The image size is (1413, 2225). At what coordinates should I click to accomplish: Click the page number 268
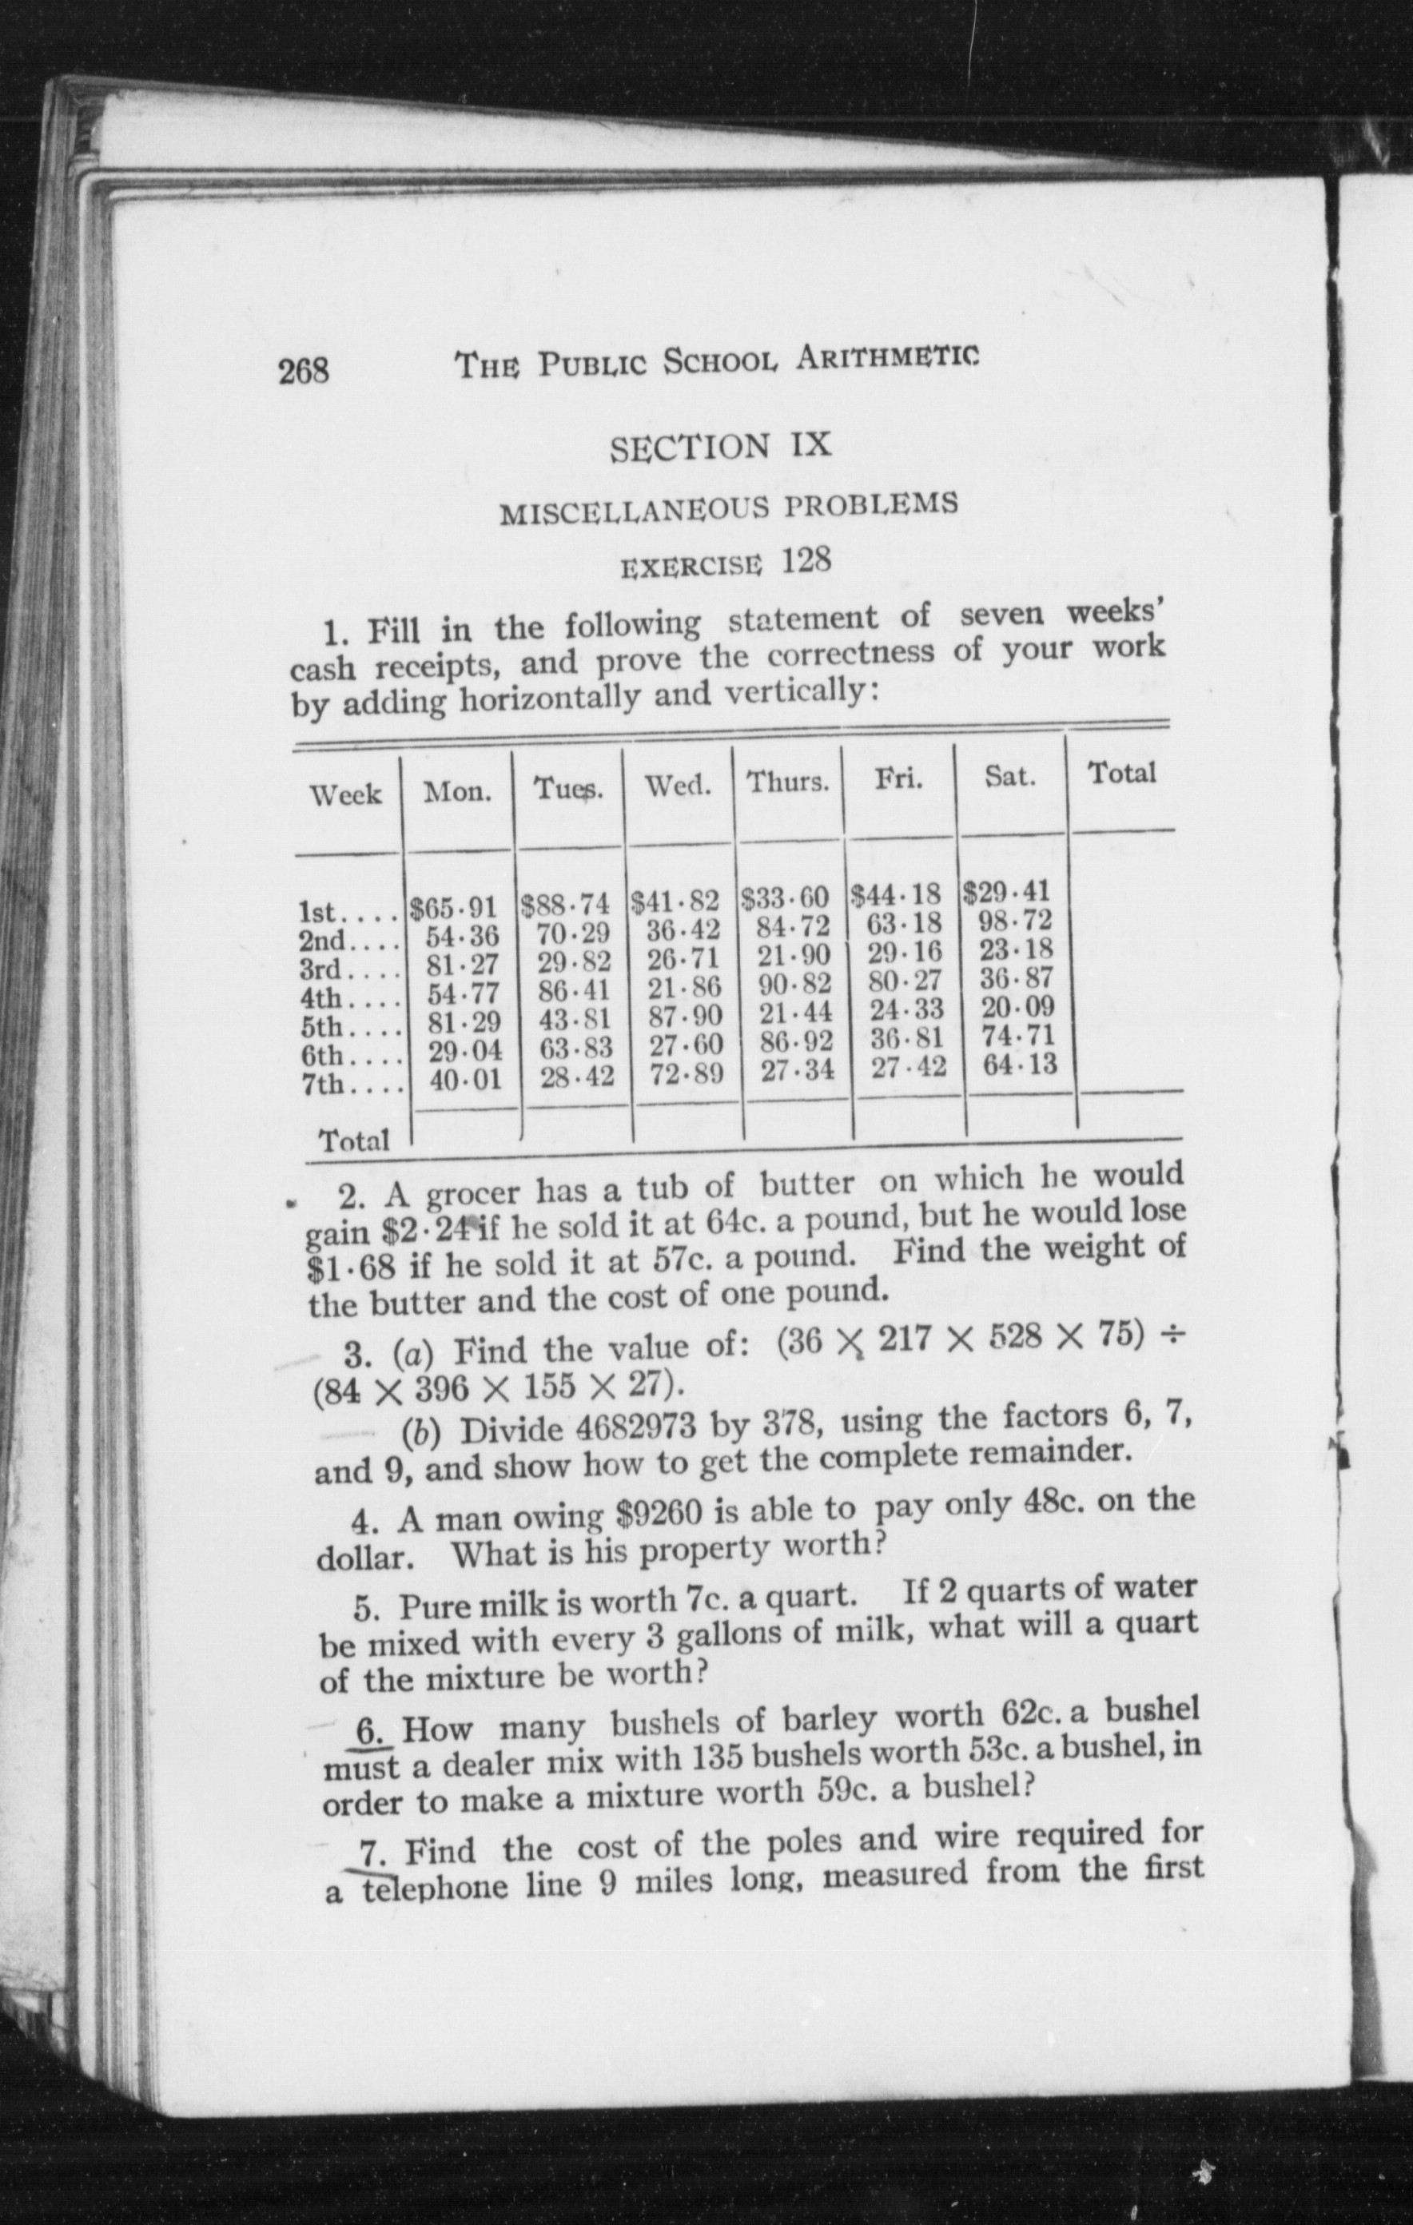coord(304,371)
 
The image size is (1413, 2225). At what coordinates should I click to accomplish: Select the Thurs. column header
coord(787,782)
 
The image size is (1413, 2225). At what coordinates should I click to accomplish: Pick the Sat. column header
coord(1009,776)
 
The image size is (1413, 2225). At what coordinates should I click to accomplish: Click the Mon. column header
coord(456,792)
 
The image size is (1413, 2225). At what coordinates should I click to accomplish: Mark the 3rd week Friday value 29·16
coord(906,952)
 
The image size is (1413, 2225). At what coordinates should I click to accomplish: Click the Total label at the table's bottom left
coord(354,1141)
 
